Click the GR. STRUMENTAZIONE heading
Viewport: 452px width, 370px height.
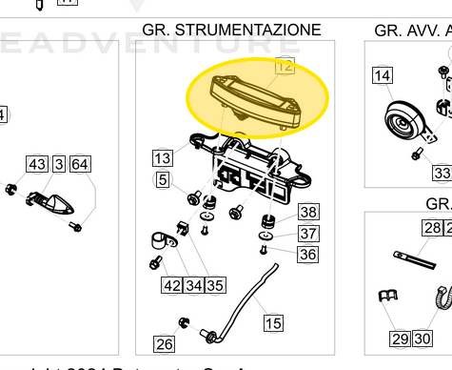(231, 31)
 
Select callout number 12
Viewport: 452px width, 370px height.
(285, 66)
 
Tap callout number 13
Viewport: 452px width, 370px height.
(163, 157)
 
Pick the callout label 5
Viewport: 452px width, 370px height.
(163, 179)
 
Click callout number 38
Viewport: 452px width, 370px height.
(308, 212)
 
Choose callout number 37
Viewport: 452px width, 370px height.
(308, 234)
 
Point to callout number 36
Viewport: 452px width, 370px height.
(307, 255)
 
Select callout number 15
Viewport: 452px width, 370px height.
(273, 324)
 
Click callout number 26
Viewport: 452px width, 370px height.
(165, 344)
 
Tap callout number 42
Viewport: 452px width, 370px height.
(171, 284)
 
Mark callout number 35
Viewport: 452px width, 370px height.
(215, 284)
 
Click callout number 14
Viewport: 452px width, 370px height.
(382, 75)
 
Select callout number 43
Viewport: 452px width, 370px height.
(37, 165)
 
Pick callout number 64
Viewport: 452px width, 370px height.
(80, 165)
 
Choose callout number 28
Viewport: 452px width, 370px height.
(433, 227)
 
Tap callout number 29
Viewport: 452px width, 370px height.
(400, 339)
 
